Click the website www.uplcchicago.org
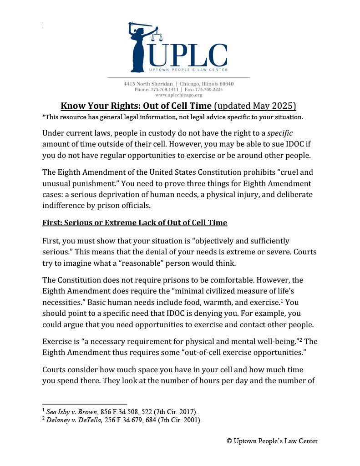(x=178, y=95)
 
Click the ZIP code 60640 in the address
(x=226, y=84)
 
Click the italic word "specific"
(x=279, y=133)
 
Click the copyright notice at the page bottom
(x=272, y=441)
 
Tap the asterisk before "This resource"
(x=44, y=116)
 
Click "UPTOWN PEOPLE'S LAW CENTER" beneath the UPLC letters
(x=188, y=70)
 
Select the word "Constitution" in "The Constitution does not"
(x=80, y=280)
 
